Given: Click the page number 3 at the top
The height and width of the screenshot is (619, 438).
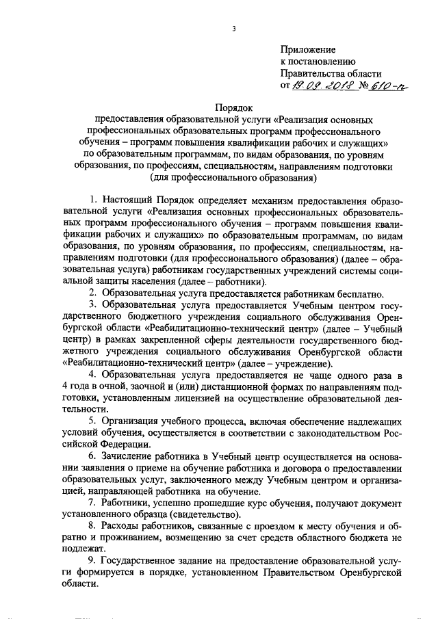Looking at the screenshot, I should pos(234,28).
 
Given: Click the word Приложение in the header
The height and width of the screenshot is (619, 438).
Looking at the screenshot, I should pos(308,50).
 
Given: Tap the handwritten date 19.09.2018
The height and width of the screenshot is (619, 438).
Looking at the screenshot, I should pos(321,86).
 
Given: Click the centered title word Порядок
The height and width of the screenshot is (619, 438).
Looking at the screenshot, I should pos(234,107).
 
